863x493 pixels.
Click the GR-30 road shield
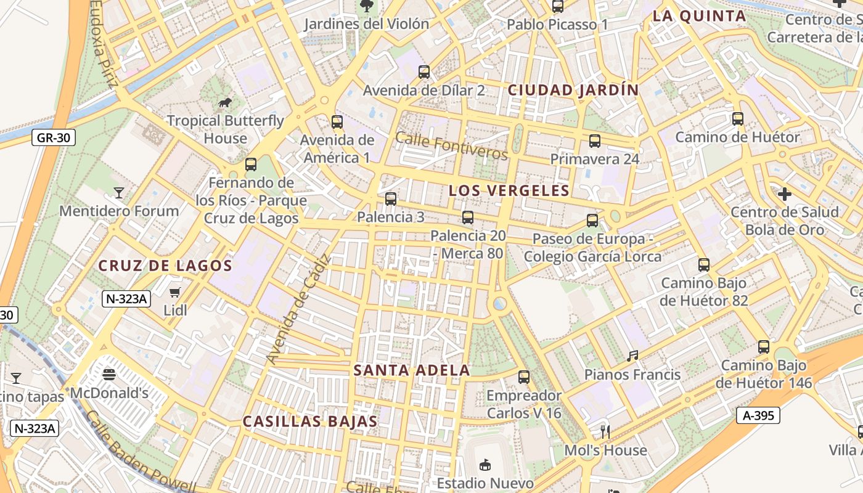[x=54, y=138]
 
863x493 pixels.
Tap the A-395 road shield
[x=758, y=415]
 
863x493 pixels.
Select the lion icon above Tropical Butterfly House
[x=225, y=102]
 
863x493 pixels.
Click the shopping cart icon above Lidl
[x=176, y=291]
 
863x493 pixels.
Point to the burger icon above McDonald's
[x=109, y=374]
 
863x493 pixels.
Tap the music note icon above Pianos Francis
[x=632, y=356]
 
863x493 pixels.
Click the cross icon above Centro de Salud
[x=784, y=194]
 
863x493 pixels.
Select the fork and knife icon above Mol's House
[x=605, y=431]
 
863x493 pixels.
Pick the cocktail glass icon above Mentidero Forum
[x=119, y=193]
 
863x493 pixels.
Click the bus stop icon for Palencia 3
[x=391, y=198]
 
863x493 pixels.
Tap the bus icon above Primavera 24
[x=595, y=141]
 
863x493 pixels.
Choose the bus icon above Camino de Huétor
[x=738, y=119]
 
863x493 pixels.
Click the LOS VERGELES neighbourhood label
[x=509, y=190]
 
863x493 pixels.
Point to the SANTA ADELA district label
[x=412, y=370]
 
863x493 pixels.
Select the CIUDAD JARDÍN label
[x=573, y=90]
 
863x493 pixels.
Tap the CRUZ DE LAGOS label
[x=165, y=266]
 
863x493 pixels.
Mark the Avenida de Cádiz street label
[x=299, y=308]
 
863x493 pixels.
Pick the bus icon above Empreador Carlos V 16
[x=524, y=377]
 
